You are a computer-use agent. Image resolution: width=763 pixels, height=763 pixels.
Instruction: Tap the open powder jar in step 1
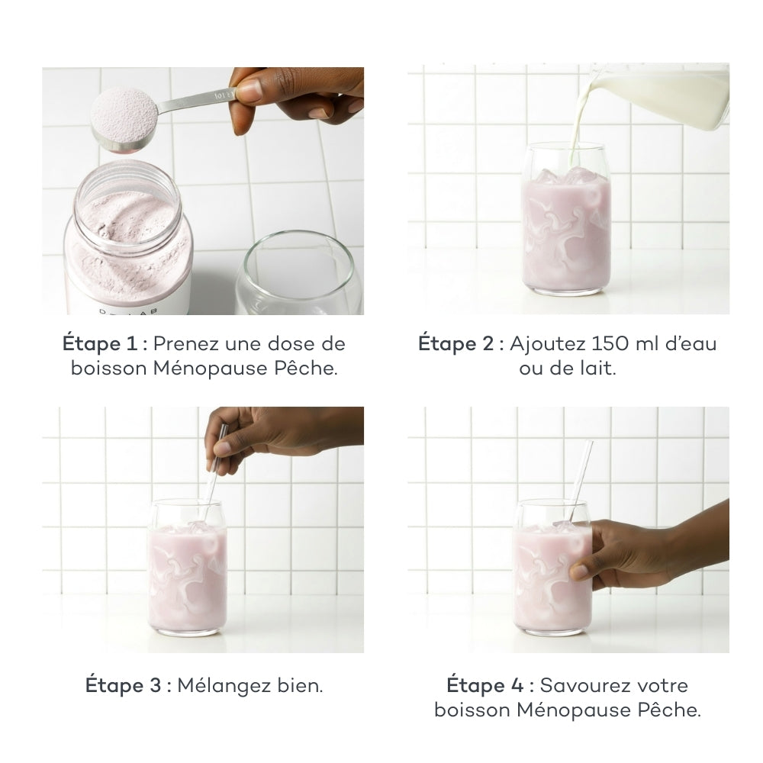click(127, 238)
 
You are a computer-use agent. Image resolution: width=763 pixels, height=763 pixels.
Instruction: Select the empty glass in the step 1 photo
click(299, 272)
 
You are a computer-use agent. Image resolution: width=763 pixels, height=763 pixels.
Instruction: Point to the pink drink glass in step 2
click(565, 219)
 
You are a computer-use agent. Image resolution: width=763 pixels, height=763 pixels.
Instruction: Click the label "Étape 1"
click(100, 344)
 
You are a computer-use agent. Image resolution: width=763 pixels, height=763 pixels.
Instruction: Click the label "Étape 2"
click(456, 344)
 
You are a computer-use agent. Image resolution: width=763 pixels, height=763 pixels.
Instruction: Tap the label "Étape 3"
click(123, 686)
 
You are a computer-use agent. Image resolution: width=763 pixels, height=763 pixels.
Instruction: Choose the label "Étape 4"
click(485, 686)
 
